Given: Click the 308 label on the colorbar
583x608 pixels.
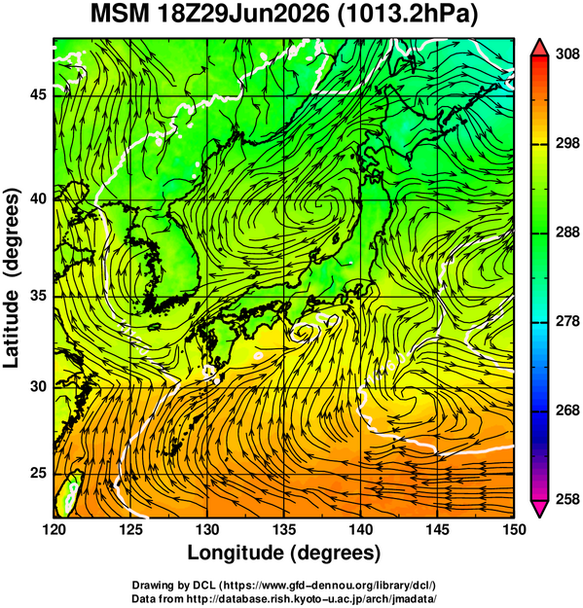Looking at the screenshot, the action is click(567, 54).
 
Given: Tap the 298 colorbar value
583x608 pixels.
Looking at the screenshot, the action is click(567, 143).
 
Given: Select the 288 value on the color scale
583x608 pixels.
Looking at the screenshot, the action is click(567, 232).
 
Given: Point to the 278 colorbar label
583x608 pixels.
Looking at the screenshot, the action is click(567, 321).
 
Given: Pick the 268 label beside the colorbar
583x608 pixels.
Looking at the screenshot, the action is click(567, 411).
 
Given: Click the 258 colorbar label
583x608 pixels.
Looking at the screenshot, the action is click(567, 499).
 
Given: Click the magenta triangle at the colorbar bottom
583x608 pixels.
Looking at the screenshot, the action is click(539, 508).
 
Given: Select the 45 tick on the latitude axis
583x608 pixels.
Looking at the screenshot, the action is click(38, 94).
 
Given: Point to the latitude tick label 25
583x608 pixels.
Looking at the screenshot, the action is click(38, 474).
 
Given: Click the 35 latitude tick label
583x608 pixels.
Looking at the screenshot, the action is click(38, 296).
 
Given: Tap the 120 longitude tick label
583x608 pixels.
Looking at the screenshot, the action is click(54, 529).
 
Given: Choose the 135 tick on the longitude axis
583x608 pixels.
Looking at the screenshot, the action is click(284, 529).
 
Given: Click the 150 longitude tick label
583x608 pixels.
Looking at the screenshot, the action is click(514, 529).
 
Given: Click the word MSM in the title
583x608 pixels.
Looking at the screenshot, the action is click(120, 15).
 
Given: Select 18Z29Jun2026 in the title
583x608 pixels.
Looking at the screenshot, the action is click(243, 15).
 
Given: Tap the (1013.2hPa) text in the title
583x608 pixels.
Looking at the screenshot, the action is click(408, 16).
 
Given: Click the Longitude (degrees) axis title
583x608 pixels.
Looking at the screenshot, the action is click(284, 554).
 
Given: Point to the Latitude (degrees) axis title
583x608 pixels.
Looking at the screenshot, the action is click(12, 278).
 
